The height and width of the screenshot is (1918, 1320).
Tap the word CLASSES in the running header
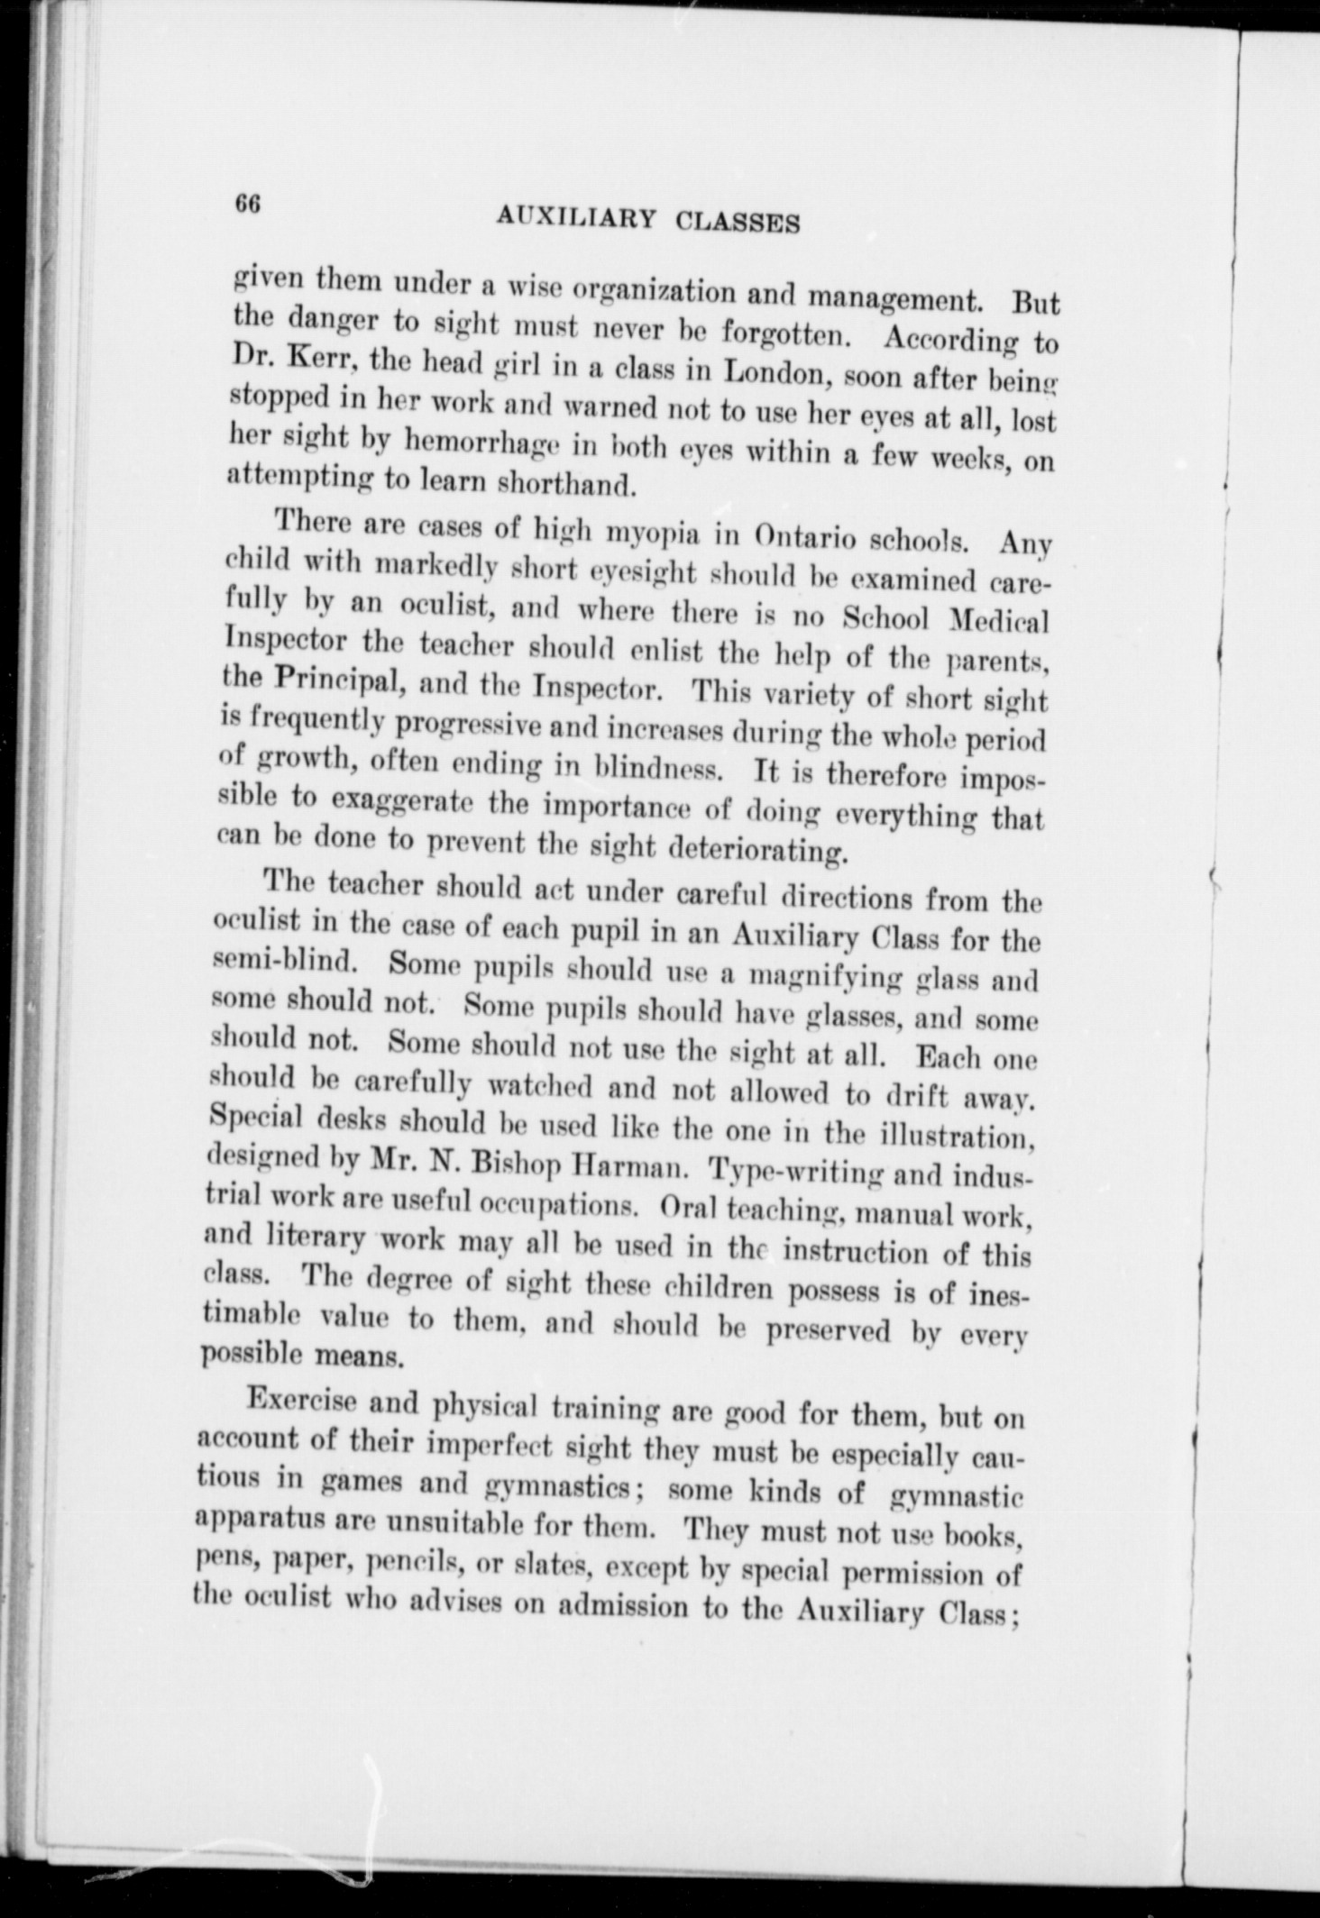[738, 221]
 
